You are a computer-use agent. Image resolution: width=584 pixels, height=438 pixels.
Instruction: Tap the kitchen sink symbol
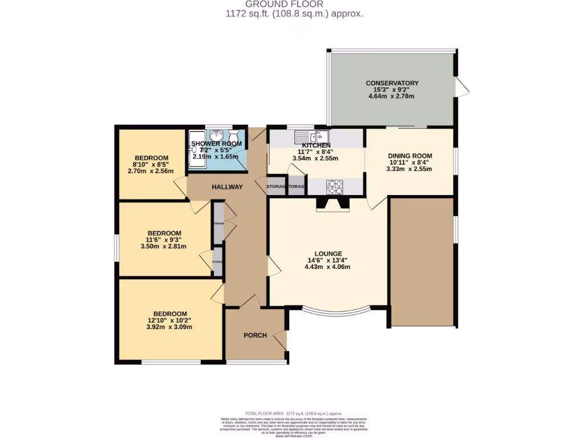pyautogui.click(x=310, y=137)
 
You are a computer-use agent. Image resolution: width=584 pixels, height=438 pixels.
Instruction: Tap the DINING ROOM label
pyautogui.click(x=409, y=156)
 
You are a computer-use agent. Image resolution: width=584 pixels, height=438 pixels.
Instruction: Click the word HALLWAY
pyautogui.click(x=228, y=187)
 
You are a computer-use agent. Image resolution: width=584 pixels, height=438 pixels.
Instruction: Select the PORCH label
pyautogui.click(x=255, y=335)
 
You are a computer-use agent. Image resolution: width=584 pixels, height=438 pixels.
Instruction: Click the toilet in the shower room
pyautogui.click(x=233, y=136)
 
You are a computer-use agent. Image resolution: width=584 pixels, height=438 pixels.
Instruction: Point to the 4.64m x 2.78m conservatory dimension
pyautogui.click(x=391, y=96)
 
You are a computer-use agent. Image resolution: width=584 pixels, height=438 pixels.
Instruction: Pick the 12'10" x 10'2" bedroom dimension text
pyautogui.click(x=170, y=321)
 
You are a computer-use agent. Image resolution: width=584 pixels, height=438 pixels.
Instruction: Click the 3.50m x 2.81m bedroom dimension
pyautogui.click(x=164, y=246)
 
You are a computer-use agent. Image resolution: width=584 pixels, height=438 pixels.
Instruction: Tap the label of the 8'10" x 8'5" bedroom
pyautogui.click(x=151, y=158)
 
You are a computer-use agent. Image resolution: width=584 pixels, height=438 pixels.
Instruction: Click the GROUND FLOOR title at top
pyautogui.click(x=291, y=4)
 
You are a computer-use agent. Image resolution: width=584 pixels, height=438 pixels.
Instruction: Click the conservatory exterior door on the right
pyautogui.click(x=461, y=87)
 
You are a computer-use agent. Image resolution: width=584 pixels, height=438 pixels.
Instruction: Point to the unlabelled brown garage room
pyautogui.click(x=421, y=262)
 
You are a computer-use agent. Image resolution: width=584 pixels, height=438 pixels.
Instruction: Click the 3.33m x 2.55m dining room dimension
pyautogui.click(x=409, y=169)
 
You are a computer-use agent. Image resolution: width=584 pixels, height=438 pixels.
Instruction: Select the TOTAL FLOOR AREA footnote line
pyautogui.click(x=293, y=413)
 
